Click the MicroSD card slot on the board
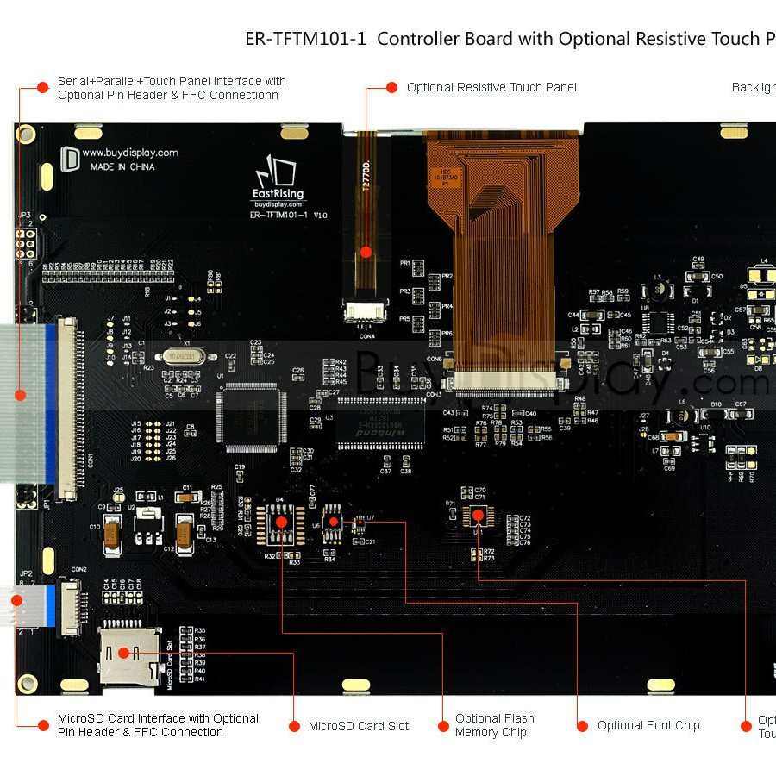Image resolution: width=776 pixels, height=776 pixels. (129, 657)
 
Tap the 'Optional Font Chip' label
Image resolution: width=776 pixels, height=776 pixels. (648, 725)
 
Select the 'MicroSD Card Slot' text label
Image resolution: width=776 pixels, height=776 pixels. (359, 726)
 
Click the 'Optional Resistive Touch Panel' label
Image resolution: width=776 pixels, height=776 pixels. (491, 87)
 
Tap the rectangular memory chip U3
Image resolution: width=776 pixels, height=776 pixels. (380, 424)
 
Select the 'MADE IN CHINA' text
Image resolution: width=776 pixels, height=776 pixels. (122, 167)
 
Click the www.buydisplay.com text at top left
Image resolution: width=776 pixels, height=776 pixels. (130, 153)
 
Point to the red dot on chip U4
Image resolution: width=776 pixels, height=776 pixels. (280, 522)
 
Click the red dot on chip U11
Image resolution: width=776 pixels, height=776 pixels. (477, 515)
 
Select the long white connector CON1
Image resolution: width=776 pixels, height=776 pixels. (67, 409)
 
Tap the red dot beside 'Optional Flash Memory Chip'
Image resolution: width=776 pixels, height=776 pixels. (441, 725)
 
